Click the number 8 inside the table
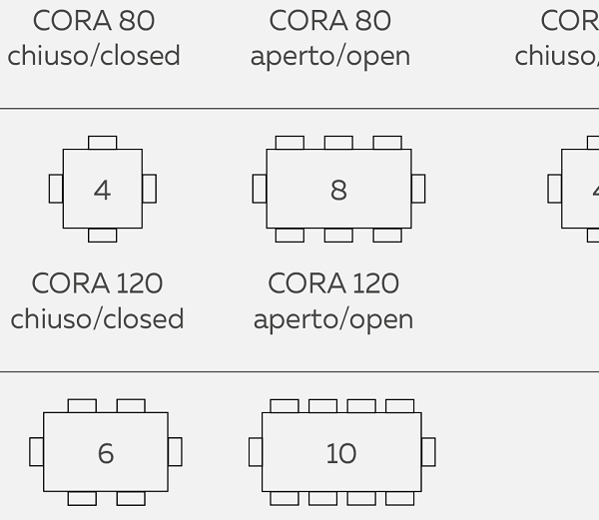tap(338, 190)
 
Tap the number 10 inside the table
tap(340, 453)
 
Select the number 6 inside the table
tap(106, 453)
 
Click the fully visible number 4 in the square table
tap(102, 190)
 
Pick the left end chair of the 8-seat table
tap(260, 189)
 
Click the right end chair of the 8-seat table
tap(418, 189)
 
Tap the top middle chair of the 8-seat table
tap(338, 143)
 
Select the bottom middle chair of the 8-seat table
tap(338, 236)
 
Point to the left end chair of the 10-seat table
tap(256, 452)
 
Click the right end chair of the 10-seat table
tap(428, 452)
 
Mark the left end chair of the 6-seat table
tap(37, 452)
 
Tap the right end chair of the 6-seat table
tap(175, 452)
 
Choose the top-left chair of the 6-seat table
tap(82, 405)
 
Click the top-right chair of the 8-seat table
tap(387, 143)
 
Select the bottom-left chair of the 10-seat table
tap(285, 498)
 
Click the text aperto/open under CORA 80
tap(330, 56)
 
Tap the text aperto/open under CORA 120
tap(333, 319)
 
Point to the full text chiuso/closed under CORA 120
tap(97, 319)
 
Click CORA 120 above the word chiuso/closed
tap(97, 283)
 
